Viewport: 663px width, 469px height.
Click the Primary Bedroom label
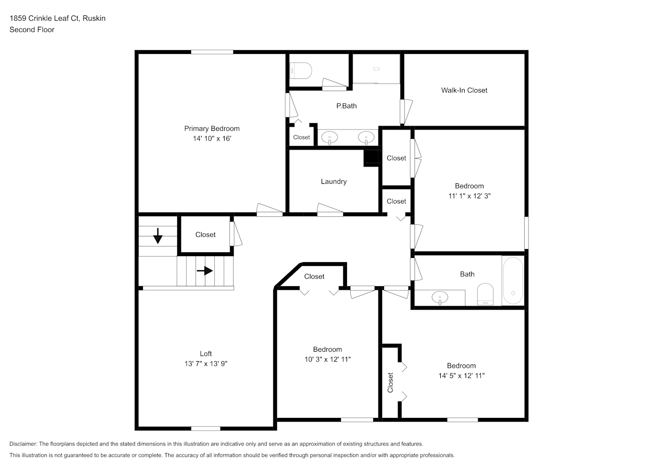pyautogui.click(x=212, y=129)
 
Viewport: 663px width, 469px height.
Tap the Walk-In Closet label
pyautogui.click(x=464, y=91)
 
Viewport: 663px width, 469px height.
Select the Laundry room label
pyautogui.click(x=334, y=182)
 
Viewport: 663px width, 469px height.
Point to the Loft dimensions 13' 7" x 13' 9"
pyautogui.click(x=206, y=363)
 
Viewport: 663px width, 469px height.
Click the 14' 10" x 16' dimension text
pyautogui.click(x=212, y=138)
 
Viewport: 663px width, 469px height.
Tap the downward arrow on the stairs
pyautogui.click(x=158, y=236)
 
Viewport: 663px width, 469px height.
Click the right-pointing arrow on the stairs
pyautogui.click(x=205, y=271)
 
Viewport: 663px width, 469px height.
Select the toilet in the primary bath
pyautogui.click(x=301, y=70)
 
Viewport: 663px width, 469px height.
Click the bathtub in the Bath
pyautogui.click(x=513, y=280)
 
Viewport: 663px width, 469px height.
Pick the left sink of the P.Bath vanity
pyautogui.click(x=330, y=138)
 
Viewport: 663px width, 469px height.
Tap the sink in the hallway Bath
pyautogui.click(x=440, y=297)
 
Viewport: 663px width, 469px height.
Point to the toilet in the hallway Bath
pyautogui.click(x=485, y=294)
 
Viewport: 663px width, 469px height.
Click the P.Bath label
pyautogui.click(x=347, y=106)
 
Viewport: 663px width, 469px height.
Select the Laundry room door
pyautogui.click(x=330, y=210)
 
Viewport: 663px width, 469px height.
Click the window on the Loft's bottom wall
pyautogui.click(x=206, y=429)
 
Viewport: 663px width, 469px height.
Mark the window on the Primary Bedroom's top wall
pyautogui.click(x=212, y=52)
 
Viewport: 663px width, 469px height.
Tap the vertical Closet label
pyautogui.click(x=391, y=383)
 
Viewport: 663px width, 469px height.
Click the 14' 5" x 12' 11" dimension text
pyautogui.click(x=461, y=376)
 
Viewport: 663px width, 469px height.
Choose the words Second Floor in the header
pyautogui.click(x=32, y=30)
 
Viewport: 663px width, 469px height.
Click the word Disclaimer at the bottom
pyautogui.click(x=23, y=444)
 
